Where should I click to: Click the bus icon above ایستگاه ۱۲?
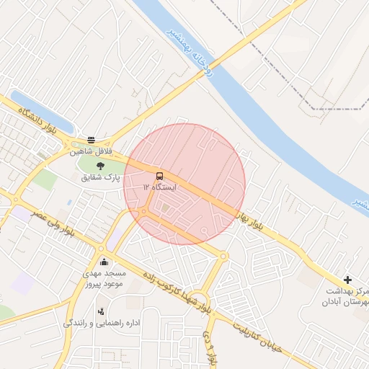159,176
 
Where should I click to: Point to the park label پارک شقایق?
102,177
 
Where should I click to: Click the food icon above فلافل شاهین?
91,141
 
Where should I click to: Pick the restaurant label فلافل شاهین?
92,152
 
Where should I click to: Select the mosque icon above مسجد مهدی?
105,262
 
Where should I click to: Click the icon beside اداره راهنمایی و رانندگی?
100,312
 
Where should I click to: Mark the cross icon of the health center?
347,279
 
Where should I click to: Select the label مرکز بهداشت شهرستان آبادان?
345,296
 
